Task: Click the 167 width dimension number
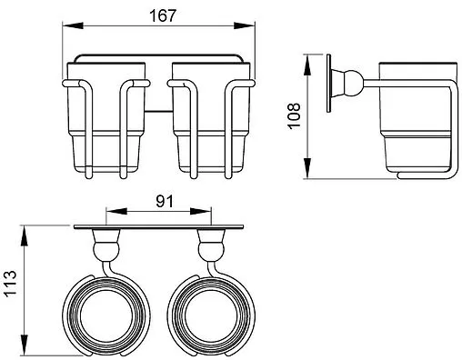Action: [163, 15]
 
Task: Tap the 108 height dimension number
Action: [294, 116]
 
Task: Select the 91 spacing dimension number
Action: [165, 201]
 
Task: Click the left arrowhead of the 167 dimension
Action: [73, 25]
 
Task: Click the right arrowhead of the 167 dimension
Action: [244, 25]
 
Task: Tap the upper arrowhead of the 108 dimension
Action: [307, 65]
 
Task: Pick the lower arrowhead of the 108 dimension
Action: [307, 168]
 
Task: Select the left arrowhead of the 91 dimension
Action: [116, 211]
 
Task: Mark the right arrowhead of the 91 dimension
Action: [200, 211]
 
